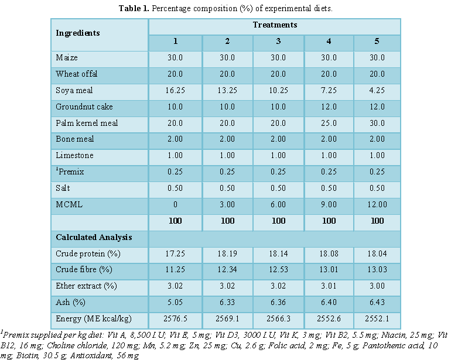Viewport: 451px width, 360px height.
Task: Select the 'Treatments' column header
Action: [x=275, y=25]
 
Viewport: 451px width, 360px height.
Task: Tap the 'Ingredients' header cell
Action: [x=77, y=33]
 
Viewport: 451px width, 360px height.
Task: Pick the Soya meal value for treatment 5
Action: [x=377, y=91]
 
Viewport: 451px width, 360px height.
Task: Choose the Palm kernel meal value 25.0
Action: [x=329, y=124]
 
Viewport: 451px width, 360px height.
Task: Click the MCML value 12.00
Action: [x=377, y=205]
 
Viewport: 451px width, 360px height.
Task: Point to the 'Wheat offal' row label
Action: [x=77, y=74]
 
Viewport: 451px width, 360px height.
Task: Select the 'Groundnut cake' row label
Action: [x=84, y=107]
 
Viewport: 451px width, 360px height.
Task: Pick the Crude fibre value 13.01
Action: [x=329, y=271]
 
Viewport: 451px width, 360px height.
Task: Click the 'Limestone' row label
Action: [x=74, y=156]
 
